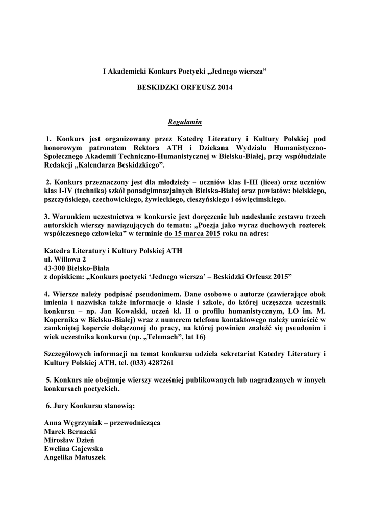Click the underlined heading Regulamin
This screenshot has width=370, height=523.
[185, 122]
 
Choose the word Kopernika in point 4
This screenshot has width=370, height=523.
[62, 320]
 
